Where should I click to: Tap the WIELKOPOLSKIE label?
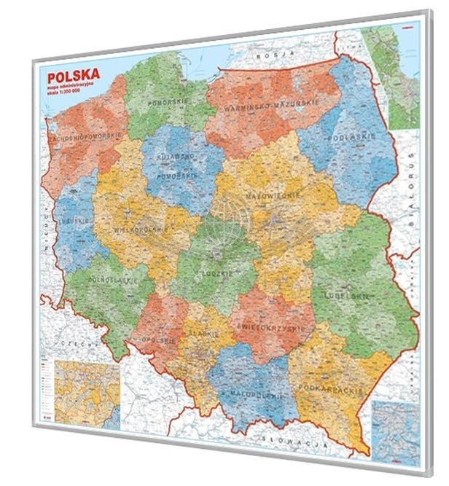pos(136,230)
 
